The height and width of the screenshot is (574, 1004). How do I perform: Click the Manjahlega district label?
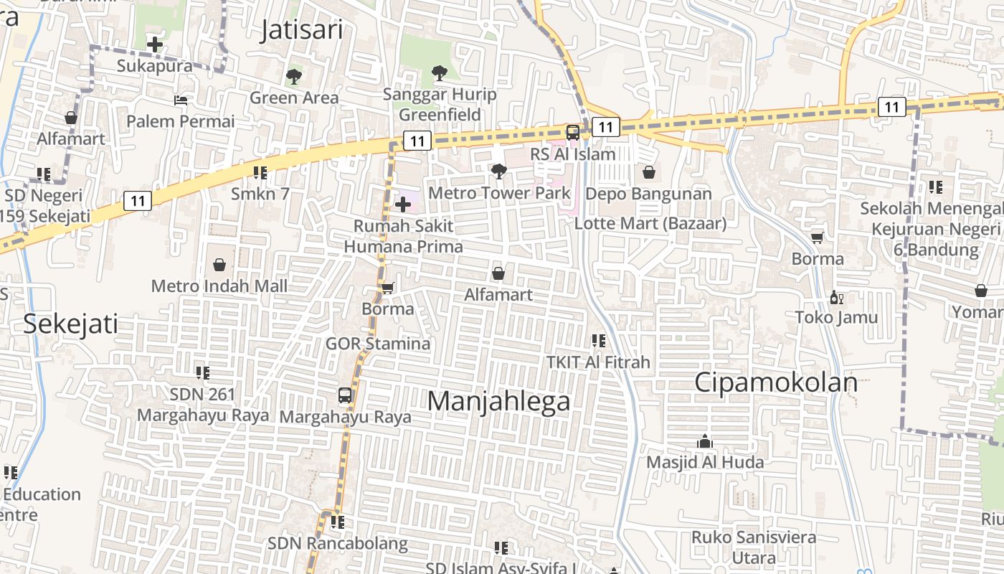pyautogui.click(x=498, y=401)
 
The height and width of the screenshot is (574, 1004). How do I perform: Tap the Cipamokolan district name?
pyautogui.click(x=775, y=382)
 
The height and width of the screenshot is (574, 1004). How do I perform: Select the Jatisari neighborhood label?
pyautogui.click(x=301, y=30)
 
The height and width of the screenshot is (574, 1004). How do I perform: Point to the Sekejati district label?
pyautogui.click(x=70, y=324)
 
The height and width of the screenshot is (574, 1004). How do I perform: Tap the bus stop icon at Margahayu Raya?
pyautogui.click(x=345, y=395)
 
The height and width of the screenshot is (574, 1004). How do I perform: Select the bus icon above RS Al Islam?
pyautogui.click(x=573, y=133)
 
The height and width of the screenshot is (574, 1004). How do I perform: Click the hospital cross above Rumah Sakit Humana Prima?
pyautogui.click(x=403, y=204)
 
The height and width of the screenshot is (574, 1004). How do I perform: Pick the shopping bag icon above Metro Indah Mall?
pyautogui.click(x=219, y=265)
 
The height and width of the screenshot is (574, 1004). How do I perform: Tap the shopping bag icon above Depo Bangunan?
pyautogui.click(x=649, y=172)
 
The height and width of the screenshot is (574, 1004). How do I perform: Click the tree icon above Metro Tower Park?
pyautogui.click(x=499, y=171)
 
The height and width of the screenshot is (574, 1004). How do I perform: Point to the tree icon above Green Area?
pyautogui.click(x=293, y=76)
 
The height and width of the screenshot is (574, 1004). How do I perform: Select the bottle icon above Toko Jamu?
pyautogui.click(x=835, y=297)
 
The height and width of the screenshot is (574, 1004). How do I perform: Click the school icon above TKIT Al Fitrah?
pyautogui.click(x=598, y=341)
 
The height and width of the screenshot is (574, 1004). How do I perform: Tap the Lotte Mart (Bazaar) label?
pyautogui.click(x=650, y=223)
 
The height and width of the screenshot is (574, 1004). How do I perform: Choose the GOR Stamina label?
pyautogui.click(x=378, y=344)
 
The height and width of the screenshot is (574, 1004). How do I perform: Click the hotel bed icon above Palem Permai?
pyautogui.click(x=181, y=100)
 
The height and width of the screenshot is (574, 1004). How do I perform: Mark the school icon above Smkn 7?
pyautogui.click(x=260, y=172)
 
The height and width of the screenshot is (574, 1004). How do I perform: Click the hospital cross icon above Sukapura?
pyautogui.click(x=154, y=44)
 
